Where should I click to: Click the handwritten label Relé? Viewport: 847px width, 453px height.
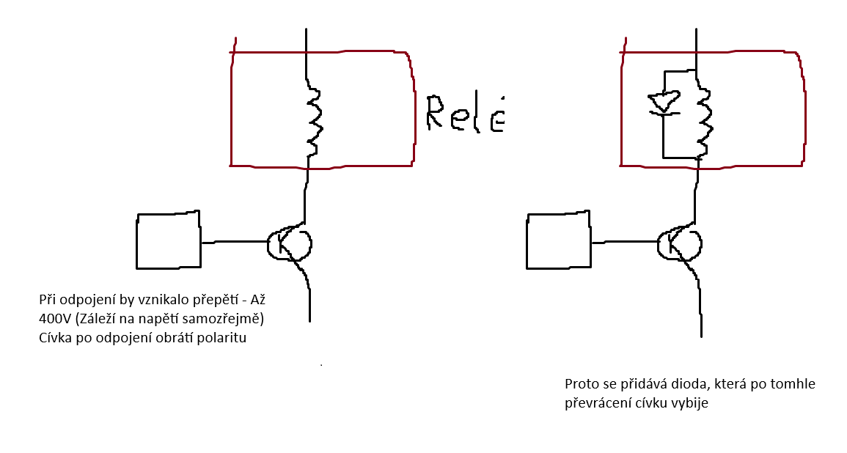465,114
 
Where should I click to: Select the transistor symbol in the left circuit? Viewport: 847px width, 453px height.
288,243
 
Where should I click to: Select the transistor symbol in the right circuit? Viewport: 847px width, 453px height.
678,243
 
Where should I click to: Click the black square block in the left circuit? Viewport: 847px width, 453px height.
168,240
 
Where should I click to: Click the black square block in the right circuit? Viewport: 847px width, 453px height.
558,240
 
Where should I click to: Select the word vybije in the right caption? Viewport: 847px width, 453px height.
691,402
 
